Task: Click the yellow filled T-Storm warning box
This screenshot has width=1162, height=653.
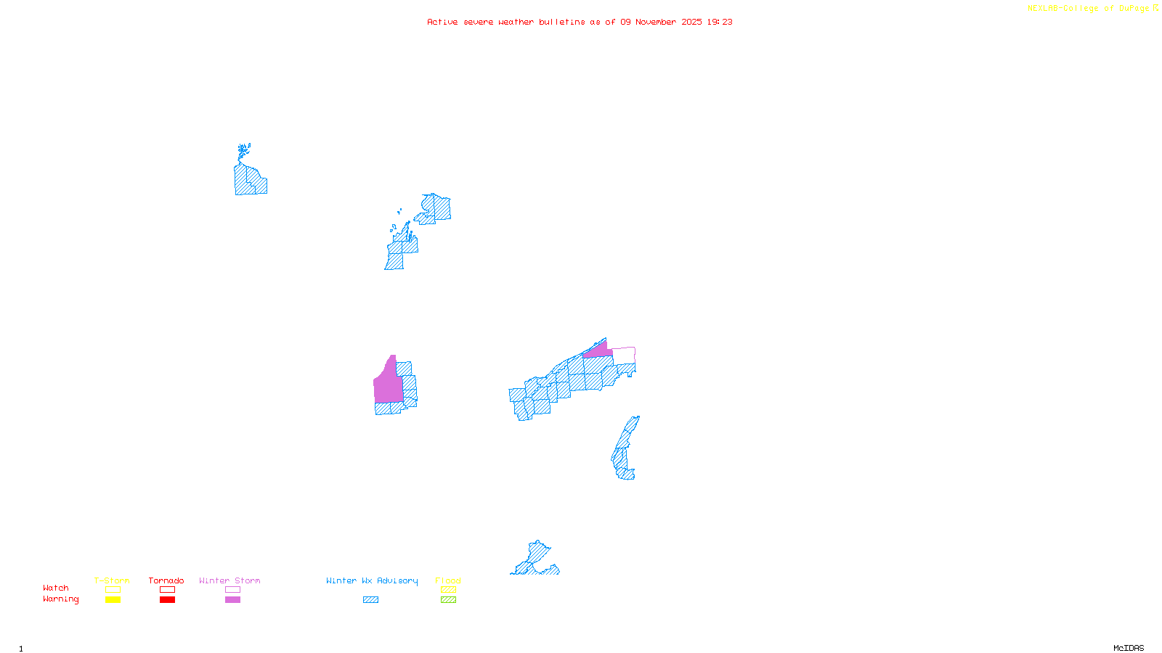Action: coord(113,600)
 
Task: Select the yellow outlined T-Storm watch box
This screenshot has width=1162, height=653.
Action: coord(113,590)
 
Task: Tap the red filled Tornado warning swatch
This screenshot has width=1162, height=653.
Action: coord(167,600)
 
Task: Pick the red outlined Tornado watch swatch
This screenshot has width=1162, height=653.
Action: coord(167,590)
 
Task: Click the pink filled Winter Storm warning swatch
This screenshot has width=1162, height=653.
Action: coord(232,600)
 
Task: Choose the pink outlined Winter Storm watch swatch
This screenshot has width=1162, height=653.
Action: coord(232,590)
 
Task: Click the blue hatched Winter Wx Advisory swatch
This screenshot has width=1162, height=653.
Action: coord(370,600)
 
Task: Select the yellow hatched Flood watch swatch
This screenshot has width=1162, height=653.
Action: coord(448,590)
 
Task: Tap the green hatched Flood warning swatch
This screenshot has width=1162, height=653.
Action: coord(448,600)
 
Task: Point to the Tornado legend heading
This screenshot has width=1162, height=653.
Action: coord(166,580)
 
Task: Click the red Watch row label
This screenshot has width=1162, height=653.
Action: coord(56,588)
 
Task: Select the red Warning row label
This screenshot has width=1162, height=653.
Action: coord(60,599)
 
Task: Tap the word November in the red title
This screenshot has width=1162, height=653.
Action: coord(656,22)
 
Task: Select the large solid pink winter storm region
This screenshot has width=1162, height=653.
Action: coord(388,385)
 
